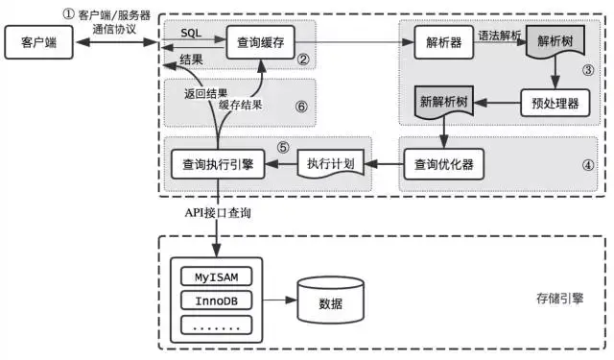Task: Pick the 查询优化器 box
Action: (442, 163)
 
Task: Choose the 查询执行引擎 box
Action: (213, 163)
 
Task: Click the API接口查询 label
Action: (218, 212)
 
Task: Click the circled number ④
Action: (588, 163)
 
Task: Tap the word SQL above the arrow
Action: (191, 33)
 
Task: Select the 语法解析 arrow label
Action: (498, 35)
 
